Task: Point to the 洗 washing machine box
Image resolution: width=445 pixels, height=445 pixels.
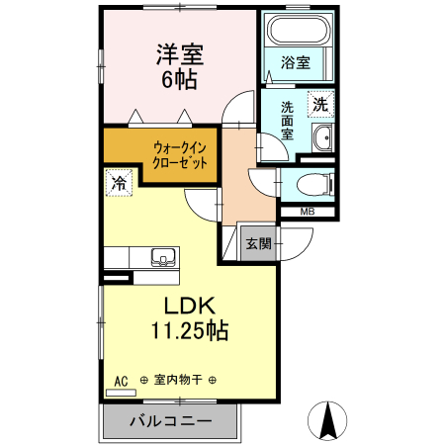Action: click(x=320, y=102)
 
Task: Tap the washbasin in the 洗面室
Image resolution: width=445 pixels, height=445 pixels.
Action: click(x=322, y=138)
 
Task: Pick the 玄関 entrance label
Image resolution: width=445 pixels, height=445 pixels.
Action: click(x=258, y=243)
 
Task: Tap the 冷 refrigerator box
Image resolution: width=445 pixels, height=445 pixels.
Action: click(x=119, y=184)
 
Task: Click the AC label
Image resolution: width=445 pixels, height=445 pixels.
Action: click(x=121, y=380)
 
